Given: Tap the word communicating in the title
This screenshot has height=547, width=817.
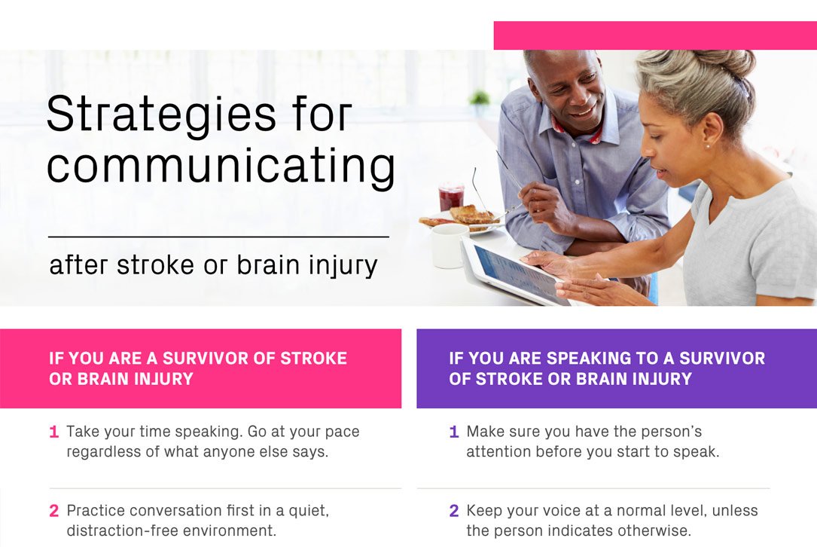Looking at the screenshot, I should click(221, 167).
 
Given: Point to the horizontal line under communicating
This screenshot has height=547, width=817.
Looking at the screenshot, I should click(218, 237).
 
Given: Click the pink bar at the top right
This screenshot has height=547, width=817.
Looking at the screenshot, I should click(654, 35).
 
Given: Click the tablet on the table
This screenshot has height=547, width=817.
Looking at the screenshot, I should click(512, 271).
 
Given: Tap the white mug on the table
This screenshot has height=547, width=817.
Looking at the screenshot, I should click(449, 246).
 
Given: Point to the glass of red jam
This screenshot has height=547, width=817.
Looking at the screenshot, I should click(451, 197).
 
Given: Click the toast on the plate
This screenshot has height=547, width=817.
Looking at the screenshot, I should click(470, 215).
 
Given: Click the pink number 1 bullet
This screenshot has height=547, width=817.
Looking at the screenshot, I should click(53, 432).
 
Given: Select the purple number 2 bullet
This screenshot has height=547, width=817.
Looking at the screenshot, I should click(453, 511).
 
